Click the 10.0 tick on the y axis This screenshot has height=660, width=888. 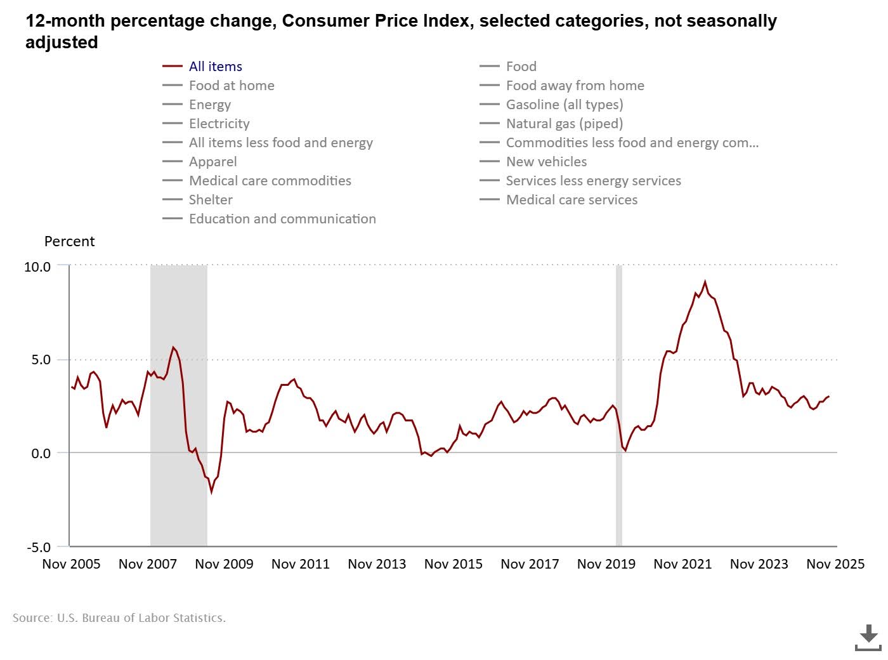point(37,267)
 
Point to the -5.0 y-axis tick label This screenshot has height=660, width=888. point(38,547)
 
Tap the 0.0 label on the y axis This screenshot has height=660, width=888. point(41,453)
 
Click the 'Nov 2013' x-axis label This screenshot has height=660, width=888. point(377,564)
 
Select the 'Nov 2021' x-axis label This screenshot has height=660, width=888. point(682,564)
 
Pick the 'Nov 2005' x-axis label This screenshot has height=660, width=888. point(71,564)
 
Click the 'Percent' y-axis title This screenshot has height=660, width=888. point(69,242)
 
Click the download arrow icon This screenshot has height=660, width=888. point(868,637)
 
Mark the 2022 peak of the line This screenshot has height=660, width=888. point(705,282)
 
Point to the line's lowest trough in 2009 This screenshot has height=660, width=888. point(211,492)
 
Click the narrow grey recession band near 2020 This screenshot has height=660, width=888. point(619,406)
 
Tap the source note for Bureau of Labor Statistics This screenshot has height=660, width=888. point(119,617)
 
